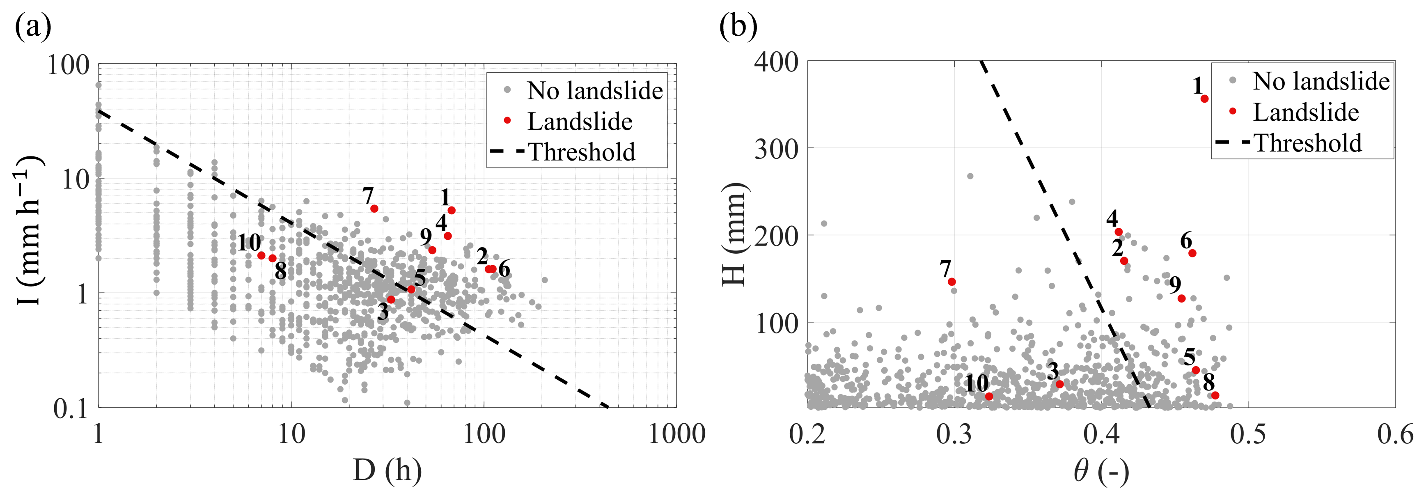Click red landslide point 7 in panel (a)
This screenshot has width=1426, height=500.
[374, 209]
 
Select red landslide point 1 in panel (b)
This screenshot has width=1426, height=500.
[1204, 99]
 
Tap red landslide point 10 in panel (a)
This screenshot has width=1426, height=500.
[261, 255]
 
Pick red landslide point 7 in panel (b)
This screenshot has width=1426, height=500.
[951, 282]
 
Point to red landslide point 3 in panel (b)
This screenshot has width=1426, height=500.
[1059, 384]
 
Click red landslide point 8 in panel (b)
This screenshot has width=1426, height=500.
[1215, 395]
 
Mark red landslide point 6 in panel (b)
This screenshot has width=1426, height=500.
[1192, 253]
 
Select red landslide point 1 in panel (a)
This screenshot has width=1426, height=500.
[452, 211]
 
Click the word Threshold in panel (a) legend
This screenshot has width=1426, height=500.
[582, 152]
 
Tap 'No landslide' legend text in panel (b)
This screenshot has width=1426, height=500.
[1321, 81]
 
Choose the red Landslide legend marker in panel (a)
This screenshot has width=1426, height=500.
[507, 121]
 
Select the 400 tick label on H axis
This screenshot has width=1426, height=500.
[776, 62]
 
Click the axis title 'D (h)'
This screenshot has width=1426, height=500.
[387, 471]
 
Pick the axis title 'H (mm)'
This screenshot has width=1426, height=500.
[735, 235]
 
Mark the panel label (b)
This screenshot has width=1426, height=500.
[738, 26]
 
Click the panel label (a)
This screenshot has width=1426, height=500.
[33, 26]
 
